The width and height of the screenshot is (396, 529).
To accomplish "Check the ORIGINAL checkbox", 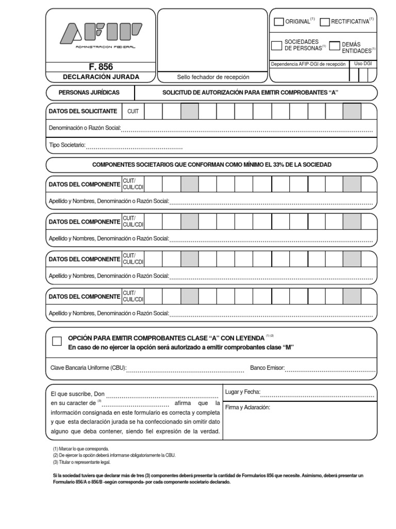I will [278, 22].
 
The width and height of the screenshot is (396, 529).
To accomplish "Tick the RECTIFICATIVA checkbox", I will [324, 22].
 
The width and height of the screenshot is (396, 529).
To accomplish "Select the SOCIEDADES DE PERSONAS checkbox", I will [277, 45].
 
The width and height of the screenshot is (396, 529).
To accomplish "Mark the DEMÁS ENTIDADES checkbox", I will [335, 45].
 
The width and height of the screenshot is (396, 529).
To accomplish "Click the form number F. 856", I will [101, 67].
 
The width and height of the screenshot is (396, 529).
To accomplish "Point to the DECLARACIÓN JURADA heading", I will [101, 77].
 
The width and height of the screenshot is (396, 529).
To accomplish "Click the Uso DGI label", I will [363, 64].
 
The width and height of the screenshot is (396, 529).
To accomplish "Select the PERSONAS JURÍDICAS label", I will [89, 92].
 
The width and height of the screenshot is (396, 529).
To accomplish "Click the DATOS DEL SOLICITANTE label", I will [82, 111].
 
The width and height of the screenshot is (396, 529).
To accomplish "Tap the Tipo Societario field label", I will [67, 146].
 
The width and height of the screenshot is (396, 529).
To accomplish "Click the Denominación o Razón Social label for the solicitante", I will [85, 128].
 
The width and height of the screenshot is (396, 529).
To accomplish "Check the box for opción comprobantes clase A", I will [57, 341].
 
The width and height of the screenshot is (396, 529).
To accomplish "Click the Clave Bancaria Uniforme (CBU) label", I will [88, 368].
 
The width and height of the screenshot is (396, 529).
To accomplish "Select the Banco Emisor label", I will [267, 368].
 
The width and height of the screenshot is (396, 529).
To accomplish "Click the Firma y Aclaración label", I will [247, 408].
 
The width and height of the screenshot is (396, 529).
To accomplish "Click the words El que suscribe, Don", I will [77, 393].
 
